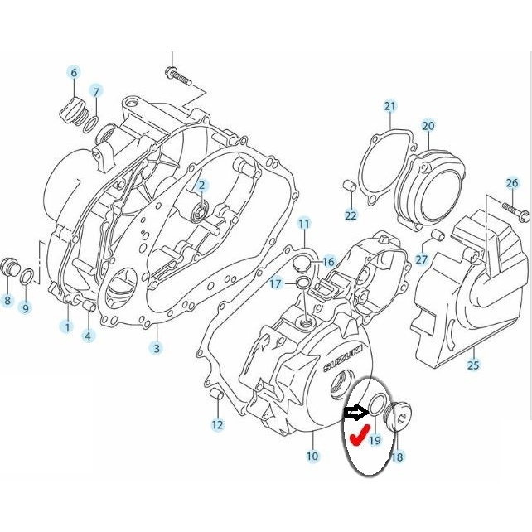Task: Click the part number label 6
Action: [74, 73]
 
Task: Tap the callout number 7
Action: [96, 91]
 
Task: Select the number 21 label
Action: [390, 106]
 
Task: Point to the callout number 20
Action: [428, 126]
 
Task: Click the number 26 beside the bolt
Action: [512, 183]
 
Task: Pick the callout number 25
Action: [473, 365]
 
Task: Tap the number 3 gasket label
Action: [156, 348]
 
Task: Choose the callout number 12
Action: [217, 425]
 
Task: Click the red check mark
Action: [358, 434]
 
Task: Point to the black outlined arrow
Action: [354, 411]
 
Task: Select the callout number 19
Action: [375, 441]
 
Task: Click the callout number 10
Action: [312, 456]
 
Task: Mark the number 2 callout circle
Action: [201, 185]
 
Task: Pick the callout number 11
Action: [304, 224]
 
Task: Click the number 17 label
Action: [276, 284]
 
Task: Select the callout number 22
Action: [351, 216]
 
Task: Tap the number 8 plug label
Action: [7, 301]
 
